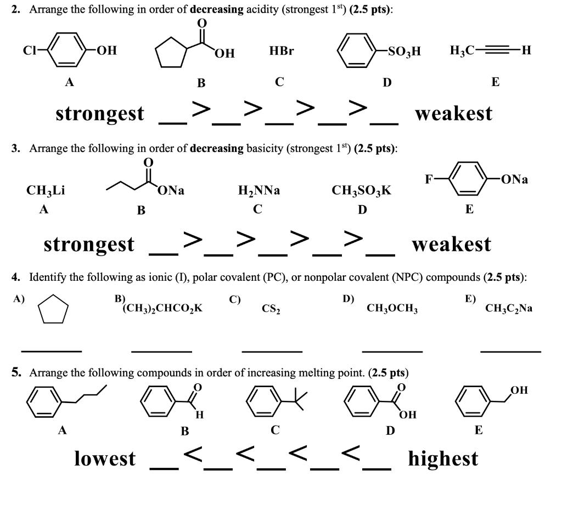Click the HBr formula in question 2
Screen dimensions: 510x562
[282, 52]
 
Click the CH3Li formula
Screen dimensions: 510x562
[46, 191]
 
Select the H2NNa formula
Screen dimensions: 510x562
[259, 191]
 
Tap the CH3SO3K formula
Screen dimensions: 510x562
[361, 191]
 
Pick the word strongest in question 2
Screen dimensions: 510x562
[100, 114]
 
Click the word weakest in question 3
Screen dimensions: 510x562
[451, 244]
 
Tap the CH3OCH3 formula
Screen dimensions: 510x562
[392, 309]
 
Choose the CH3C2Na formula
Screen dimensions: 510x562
[508, 308]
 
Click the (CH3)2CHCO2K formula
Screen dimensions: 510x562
[162, 308]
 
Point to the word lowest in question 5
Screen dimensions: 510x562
[104, 458]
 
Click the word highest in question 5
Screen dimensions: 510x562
[442, 458]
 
